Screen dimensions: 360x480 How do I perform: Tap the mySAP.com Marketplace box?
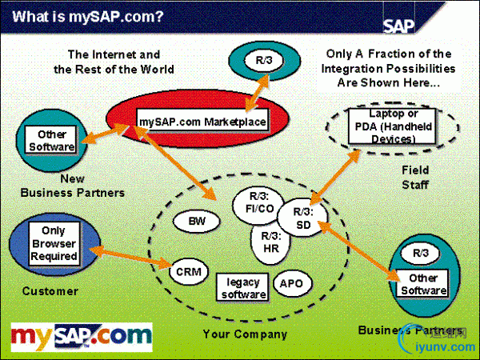[202, 121]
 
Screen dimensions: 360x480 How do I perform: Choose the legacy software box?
[243, 287]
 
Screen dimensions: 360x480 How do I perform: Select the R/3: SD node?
[304, 218]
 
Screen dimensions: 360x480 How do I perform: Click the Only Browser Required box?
[54, 244]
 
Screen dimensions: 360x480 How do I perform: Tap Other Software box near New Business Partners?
[51, 141]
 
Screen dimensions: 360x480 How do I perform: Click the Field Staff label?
[414, 177]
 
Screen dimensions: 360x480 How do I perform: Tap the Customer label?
[50, 291]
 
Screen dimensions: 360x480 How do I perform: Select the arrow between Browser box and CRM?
[132, 255]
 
